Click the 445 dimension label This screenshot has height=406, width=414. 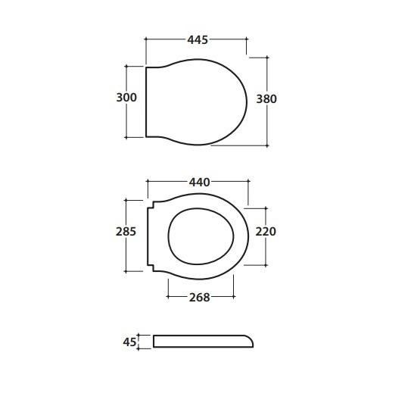198,39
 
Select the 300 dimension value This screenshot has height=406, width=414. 126,97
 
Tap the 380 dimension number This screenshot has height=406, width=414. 266,99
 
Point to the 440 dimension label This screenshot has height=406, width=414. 199,182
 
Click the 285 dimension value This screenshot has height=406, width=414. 126,232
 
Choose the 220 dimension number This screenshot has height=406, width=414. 266,232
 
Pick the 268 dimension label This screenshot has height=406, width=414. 199,298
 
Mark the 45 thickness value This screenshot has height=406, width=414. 129,342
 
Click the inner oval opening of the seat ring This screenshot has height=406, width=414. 168,236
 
